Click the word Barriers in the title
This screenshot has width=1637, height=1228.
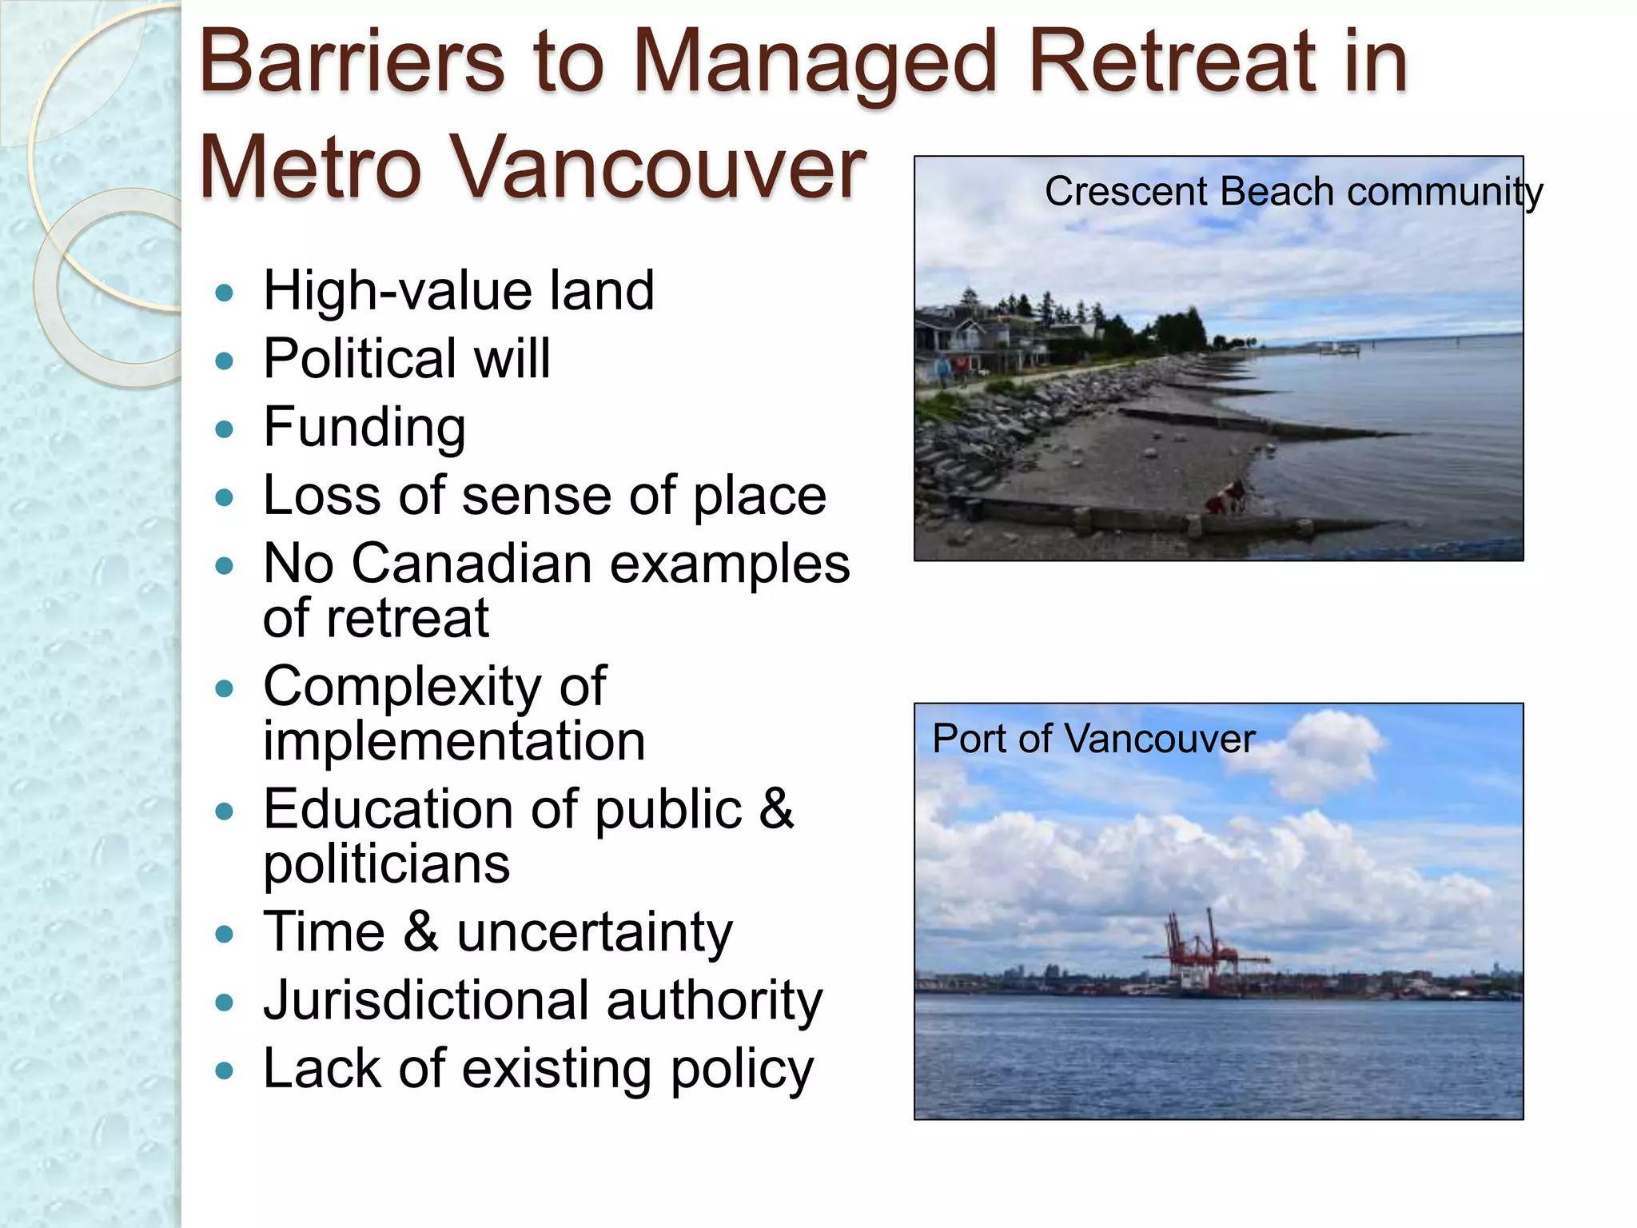tap(352, 62)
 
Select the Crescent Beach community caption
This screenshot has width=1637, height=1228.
tap(1293, 192)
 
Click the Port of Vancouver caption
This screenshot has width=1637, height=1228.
tap(1093, 738)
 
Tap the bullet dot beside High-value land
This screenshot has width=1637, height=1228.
tap(225, 293)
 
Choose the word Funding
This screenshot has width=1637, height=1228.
tap(364, 427)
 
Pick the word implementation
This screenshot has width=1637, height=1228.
tap(454, 741)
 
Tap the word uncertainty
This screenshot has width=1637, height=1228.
tap(594, 932)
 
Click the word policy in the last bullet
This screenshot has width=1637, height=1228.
tap(742, 1070)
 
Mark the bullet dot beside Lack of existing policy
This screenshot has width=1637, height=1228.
tap(225, 1071)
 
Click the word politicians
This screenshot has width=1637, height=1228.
tap(387, 864)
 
